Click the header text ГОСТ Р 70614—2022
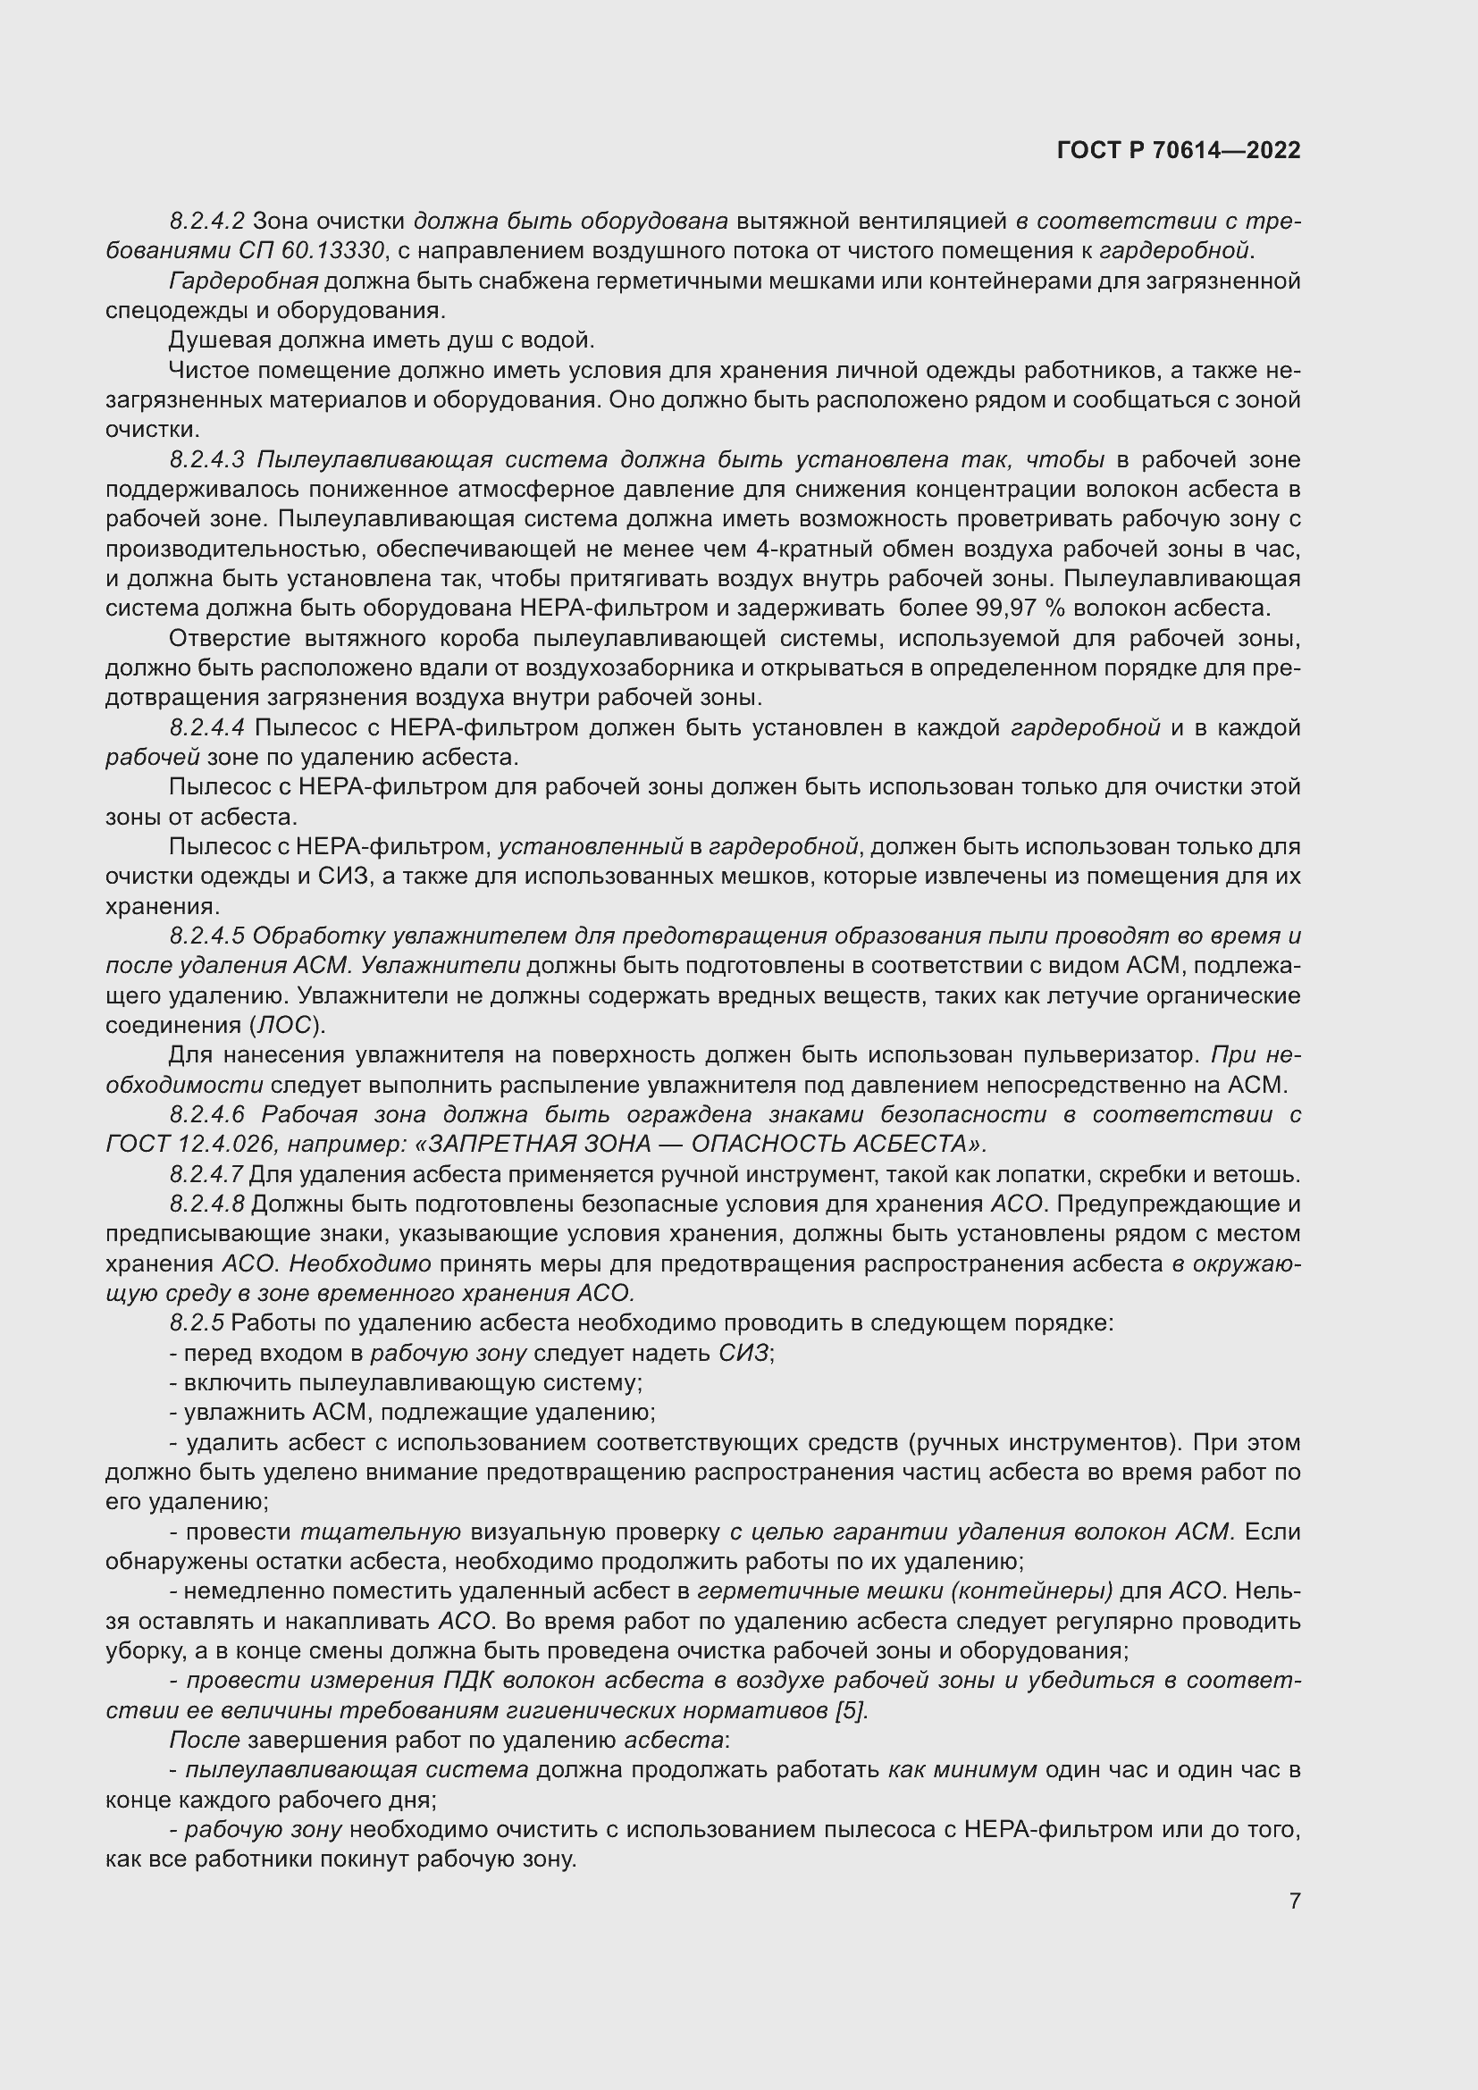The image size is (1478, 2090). (x=1179, y=150)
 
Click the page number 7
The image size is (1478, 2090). (x=1294, y=1901)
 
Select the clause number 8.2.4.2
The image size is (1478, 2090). (x=206, y=222)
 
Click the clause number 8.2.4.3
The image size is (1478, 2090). (x=206, y=459)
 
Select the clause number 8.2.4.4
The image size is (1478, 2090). (x=206, y=727)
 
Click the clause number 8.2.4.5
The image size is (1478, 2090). (x=206, y=936)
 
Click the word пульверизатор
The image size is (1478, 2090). (x=1112, y=1055)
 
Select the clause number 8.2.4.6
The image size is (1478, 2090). (x=206, y=1114)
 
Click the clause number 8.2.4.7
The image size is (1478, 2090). (x=206, y=1174)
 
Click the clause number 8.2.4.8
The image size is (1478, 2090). (x=206, y=1204)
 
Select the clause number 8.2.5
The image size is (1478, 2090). (x=197, y=1322)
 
